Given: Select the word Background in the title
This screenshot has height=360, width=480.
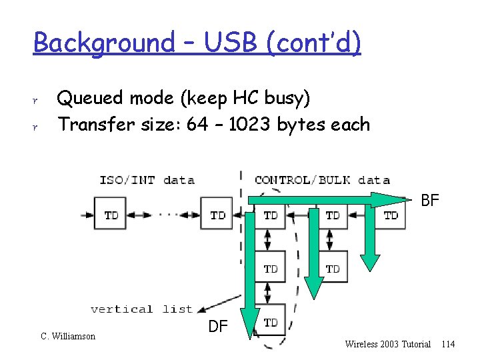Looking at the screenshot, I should (103, 43).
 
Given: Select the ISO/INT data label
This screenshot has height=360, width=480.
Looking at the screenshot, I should (147, 179).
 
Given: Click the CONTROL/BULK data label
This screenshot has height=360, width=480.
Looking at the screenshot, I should (322, 179).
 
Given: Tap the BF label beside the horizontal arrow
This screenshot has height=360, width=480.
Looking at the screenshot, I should (431, 200).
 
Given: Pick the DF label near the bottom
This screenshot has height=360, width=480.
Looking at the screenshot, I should (219, 326).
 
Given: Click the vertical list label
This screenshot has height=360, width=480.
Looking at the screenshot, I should (141, 309).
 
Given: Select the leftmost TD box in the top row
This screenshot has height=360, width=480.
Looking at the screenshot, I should (111, 215).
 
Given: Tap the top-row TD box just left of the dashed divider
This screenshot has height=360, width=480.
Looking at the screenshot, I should (217, 215).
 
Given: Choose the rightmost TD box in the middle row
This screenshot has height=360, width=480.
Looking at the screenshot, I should (333, 268).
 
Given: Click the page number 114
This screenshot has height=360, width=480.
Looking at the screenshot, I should (448, 344).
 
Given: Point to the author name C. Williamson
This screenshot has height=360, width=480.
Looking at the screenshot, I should (68, 336).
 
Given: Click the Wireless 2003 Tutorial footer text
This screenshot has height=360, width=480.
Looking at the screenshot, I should (388, 344).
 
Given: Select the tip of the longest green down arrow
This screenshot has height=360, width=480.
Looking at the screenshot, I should (250, 327).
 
